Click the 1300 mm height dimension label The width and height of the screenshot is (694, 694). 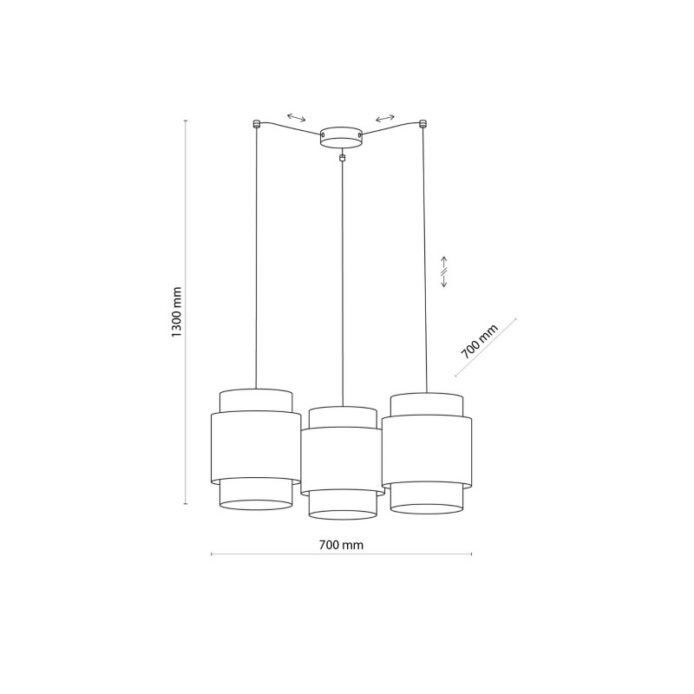177,311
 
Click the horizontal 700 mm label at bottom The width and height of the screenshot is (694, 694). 341,545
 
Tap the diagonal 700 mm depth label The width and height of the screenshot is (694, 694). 480,341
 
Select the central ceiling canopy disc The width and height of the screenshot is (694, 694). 341,137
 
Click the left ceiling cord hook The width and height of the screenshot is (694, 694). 256,124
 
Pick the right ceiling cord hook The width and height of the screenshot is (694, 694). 422,124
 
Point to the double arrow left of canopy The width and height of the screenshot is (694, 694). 296,117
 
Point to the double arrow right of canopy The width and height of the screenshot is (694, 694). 385,118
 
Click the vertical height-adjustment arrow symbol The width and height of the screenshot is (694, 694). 444,272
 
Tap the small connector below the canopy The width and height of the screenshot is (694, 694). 341,158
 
